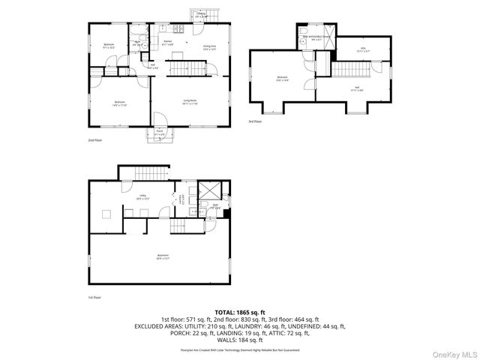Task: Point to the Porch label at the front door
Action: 160,133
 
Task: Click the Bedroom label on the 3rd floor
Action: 282,78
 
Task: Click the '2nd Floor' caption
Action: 95,139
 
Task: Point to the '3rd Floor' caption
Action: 256,121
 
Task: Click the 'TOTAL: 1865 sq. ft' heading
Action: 240,312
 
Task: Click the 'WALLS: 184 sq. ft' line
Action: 240,340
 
